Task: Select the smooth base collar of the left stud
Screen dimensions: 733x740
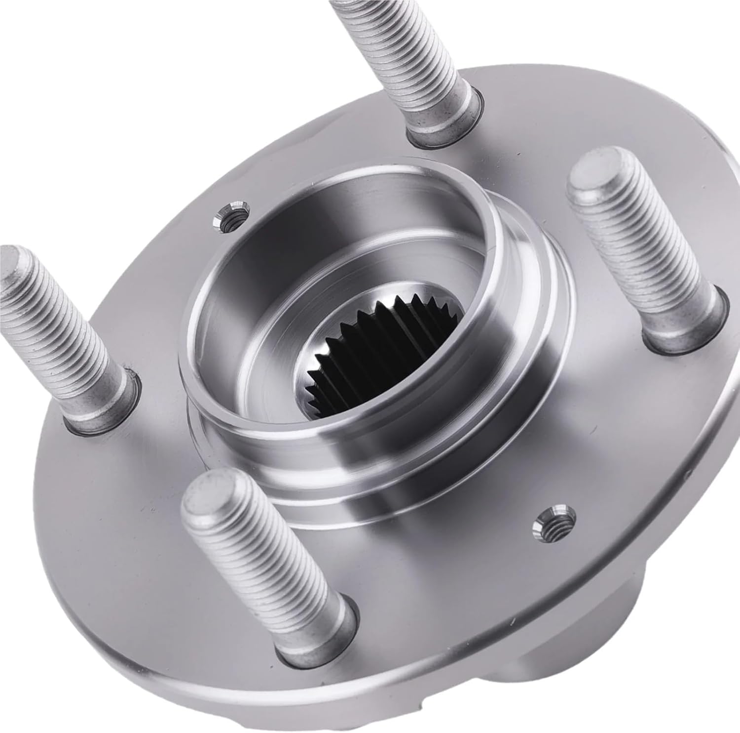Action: [x=106, y=395]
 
